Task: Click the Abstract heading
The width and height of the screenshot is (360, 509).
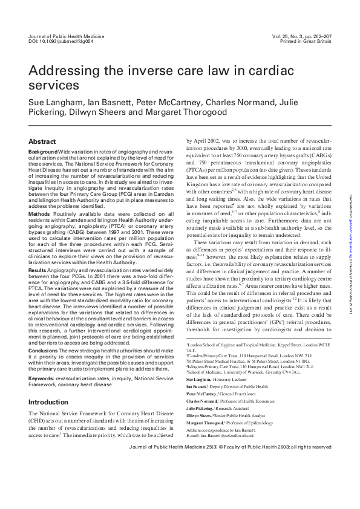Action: tap(42, 141)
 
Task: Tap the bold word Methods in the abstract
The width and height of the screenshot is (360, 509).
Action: tap(39, 214)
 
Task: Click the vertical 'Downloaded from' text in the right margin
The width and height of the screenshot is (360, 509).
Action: tap(352, 248)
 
